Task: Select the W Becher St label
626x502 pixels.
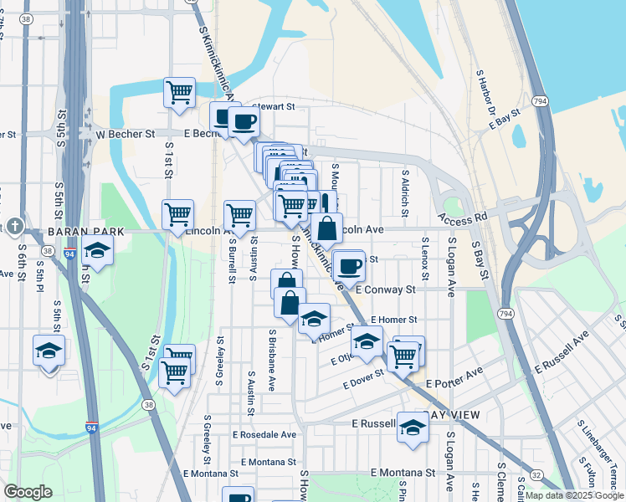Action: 125,133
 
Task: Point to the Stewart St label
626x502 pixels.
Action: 274,107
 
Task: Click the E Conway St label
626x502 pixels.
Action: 385,289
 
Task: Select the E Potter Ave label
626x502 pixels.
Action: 454,383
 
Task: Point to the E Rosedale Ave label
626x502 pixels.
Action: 264,435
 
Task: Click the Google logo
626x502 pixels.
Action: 28,492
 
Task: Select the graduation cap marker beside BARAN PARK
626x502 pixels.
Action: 97,250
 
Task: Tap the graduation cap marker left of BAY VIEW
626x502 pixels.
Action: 412,427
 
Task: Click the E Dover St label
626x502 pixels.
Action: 363,380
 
